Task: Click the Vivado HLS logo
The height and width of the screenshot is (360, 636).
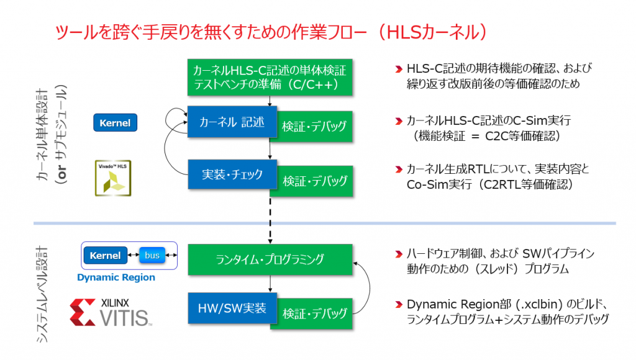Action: click(x=113, y=178)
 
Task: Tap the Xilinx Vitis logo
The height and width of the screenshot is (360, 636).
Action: click(x=111, y=313)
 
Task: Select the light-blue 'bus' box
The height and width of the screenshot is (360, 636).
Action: click(x=152, y=255)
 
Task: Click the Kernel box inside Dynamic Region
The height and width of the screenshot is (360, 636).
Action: click(x=106, y=255)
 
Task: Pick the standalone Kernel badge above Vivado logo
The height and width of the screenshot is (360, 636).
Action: click(x=115, y=123)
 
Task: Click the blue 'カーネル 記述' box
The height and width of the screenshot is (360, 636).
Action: click(x=232, y=122)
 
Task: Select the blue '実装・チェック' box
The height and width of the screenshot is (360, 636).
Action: click(x=232, y=174)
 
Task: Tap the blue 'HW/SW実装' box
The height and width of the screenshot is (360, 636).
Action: click(x=232, y=308)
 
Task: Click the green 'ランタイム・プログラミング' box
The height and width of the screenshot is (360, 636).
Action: click(x=270, y=259)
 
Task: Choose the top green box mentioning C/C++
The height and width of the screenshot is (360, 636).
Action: click(x=270, y=78)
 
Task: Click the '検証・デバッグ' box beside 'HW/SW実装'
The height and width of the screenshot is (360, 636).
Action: click(x=315, y=314)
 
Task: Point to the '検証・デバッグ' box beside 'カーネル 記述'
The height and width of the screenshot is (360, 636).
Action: click(x=315, y=127)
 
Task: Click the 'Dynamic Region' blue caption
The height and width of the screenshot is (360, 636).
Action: click(x=116, y=277)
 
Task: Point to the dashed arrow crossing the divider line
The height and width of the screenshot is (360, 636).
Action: click(x=270, y=220)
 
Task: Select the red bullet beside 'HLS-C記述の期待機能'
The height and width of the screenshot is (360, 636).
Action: click(x=399, y=70)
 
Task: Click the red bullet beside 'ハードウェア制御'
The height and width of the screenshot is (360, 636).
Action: click(x=399, y=254)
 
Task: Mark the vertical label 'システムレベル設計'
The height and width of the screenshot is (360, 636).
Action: click(x=42, y=294)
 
